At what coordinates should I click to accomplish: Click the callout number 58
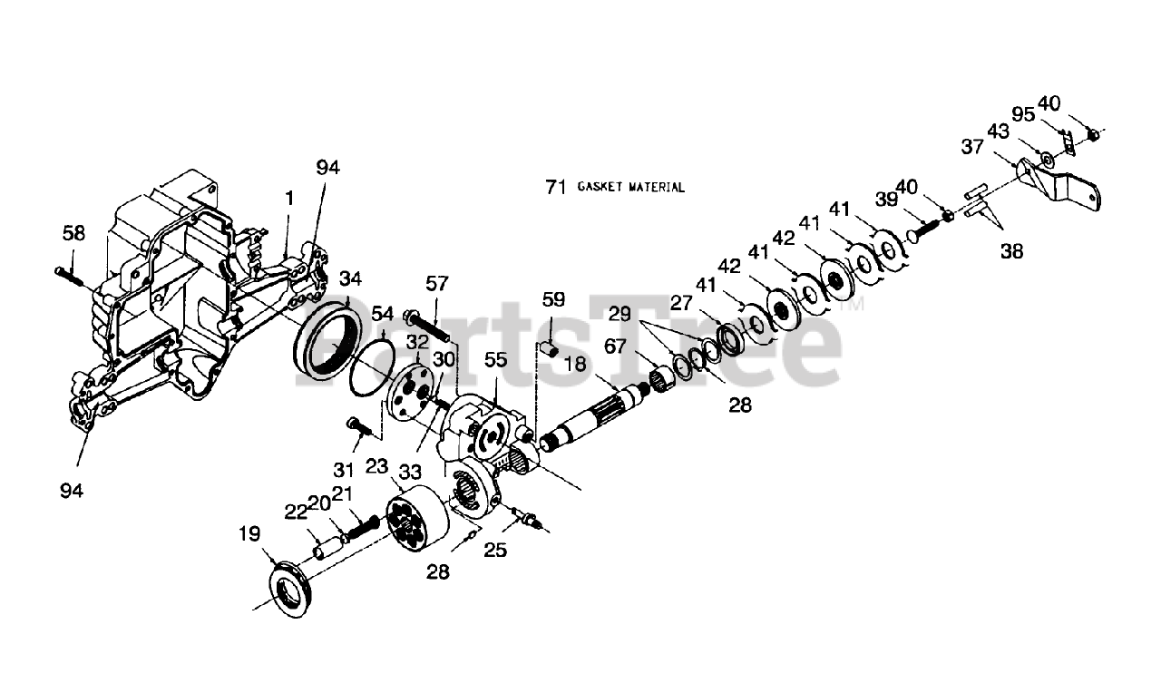73,234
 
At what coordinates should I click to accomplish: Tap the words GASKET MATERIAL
630,188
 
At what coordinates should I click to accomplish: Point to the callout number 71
556,187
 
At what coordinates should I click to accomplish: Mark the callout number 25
495,550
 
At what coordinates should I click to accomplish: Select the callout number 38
1011,251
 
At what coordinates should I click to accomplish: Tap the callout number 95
1023,114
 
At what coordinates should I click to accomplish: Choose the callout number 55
495,360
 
